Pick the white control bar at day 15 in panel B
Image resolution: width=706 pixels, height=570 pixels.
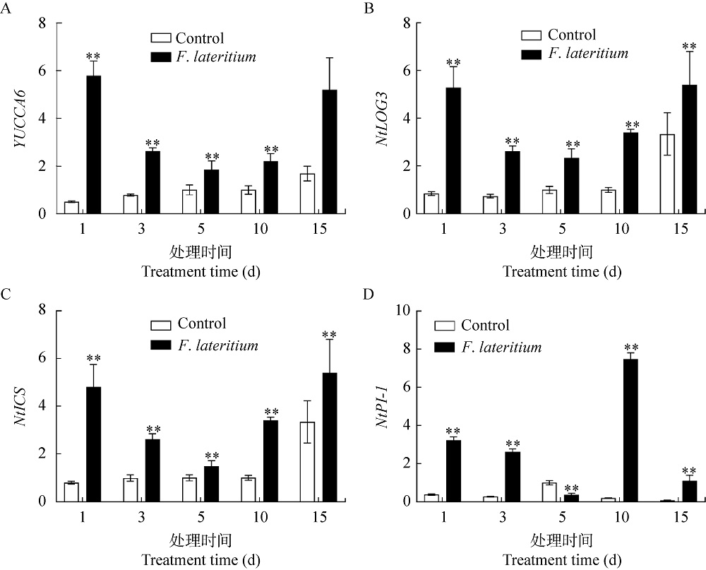pyautogui.click(x=668, y=173)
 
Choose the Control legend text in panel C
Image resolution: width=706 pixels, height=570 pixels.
pyautogui.click(x=202, y=323)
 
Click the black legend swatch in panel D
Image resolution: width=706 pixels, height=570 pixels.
pyautogui.click(x=445, y=348)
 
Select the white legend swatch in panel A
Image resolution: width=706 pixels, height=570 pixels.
pyautogui.click(x=161, y=37)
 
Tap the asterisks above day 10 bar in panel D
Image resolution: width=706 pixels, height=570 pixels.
pyautogui.click(x=631, y=348)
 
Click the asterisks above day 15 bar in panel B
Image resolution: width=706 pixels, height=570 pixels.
pyautogui.click(x=689, y=47)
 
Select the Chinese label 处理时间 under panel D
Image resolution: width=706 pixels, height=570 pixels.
pyautogui.click(x=561, y=541)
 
